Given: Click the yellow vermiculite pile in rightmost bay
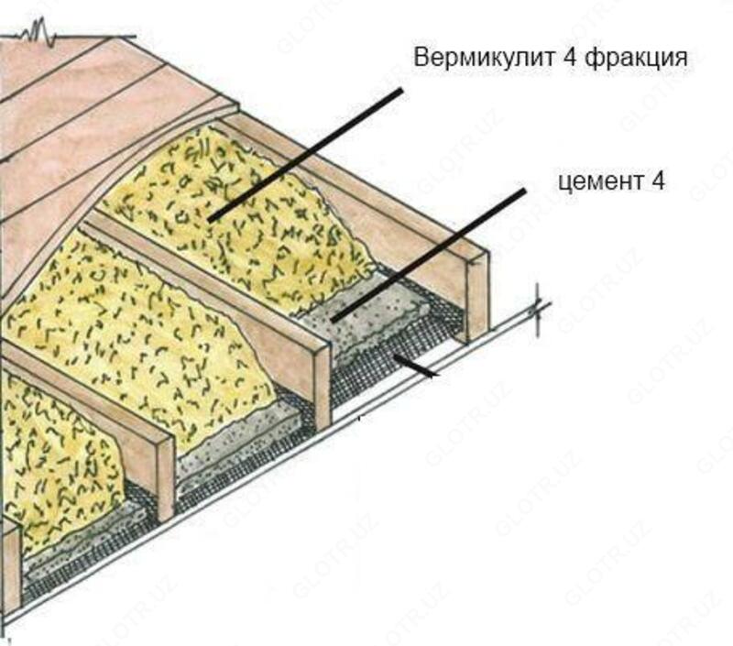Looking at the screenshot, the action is (247, 202).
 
